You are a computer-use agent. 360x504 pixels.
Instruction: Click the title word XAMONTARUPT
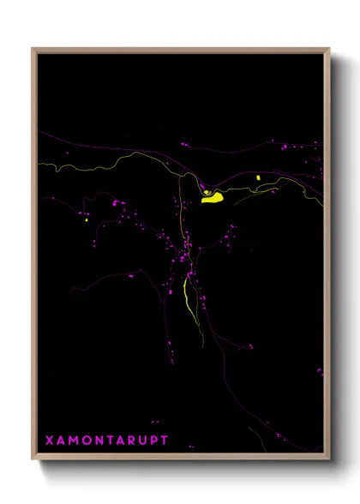(x=106, y=440)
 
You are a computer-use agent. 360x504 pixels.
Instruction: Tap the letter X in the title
(x=49, y=440)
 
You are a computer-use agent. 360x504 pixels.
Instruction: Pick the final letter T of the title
(x=165, y=440)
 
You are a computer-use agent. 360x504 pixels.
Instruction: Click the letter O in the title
(x=85, y=440)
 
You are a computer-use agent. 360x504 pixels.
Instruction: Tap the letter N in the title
(x=97, y=440)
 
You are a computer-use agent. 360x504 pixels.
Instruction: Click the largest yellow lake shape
(x=212, y=198)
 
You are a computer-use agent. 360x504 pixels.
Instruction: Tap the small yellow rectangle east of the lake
(x=257, y=177)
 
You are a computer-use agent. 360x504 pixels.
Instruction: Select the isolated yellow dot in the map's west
(x=87, y=221)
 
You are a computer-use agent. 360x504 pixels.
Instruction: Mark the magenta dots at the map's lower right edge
(x=319, y=371)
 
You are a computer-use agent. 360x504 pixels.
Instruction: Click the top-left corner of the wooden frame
(x=33, y=49)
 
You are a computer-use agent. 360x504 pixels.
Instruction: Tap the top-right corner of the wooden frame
(x=328, y=49)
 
